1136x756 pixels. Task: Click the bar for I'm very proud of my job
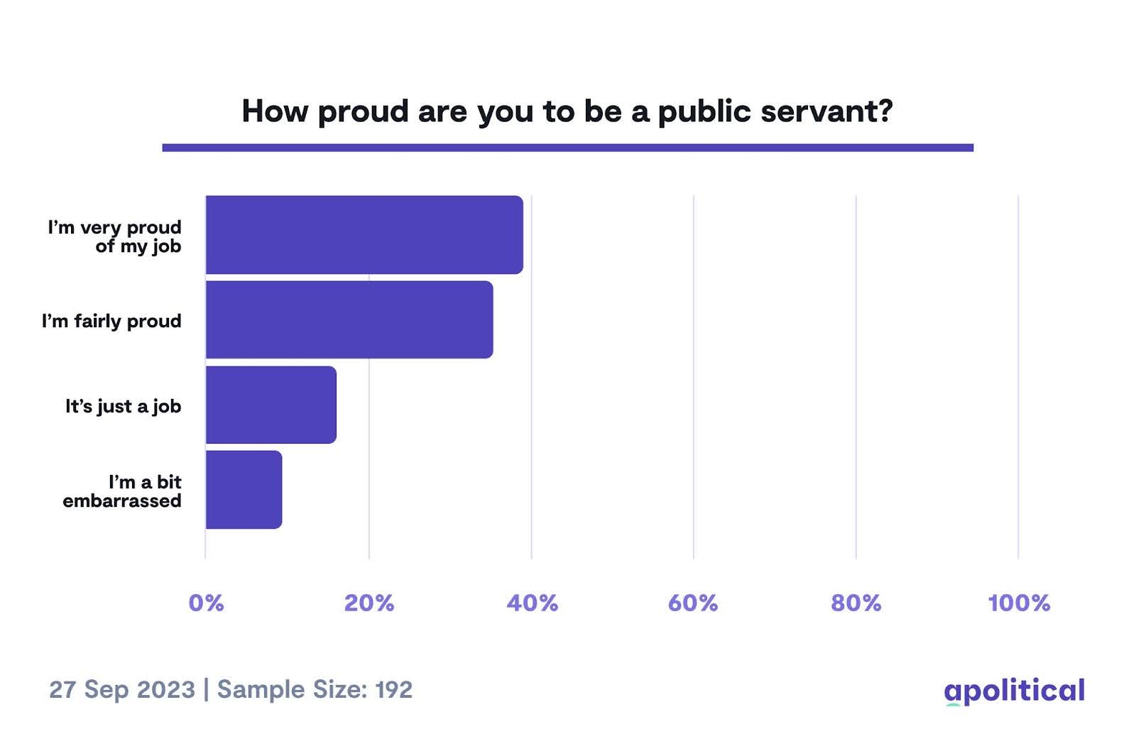[x=364, y=234]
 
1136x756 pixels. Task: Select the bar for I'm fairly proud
[x=349, y=319]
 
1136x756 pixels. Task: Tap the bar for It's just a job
[x=271, y=405]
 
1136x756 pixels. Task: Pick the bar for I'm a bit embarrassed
[x=244, y=490]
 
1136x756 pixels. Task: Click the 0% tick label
[x=206, y=603]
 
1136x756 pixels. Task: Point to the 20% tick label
[x=369, y=603]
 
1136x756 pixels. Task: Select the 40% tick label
[x=532, y=603]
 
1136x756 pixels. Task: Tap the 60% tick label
[x=693, y=603]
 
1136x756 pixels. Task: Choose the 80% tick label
[x=856, y=603]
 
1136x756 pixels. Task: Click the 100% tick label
[x=1018, y=603]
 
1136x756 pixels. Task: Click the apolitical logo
[x=1014, y=690]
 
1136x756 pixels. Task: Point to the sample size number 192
[x=393, y=689]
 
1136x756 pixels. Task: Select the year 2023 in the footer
[x=165, y=689]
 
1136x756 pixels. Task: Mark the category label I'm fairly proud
[x=111, y=322]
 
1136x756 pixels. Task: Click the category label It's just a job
[x=123, y=407]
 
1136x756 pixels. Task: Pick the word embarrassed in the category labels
[x=121, y=501]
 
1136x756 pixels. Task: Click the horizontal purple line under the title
[x=567, y=148]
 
